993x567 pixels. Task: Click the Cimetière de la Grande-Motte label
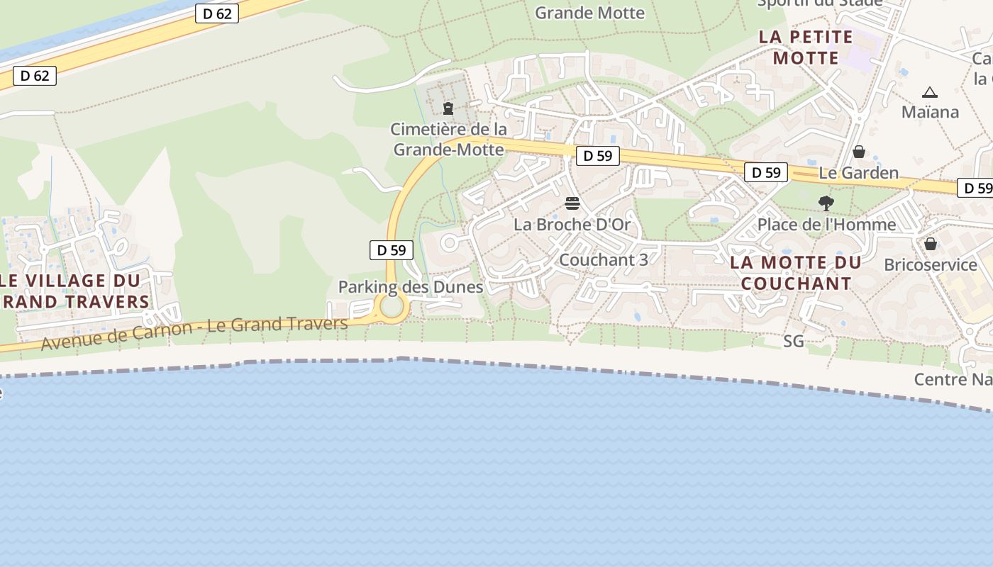coord(449,139)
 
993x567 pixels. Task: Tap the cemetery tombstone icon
coord(448,108)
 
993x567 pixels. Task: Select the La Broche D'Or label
coord(572,225)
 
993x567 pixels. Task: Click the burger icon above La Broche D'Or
coord(572,204)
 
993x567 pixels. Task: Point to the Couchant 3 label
coord(603,259)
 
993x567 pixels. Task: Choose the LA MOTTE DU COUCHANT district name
coord(796,273)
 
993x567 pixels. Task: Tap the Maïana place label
coord(930,112)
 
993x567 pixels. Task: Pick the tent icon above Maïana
coord(930,92)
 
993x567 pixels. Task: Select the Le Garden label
coord(858,173)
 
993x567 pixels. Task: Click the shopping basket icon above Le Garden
coord(858,152)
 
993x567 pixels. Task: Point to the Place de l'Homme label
coord(826,225)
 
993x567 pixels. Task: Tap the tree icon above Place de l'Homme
coord(826,203)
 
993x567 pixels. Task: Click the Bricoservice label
coord(930,265)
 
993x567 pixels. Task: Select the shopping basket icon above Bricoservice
coord(931,244)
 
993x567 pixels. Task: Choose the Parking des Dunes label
coord(410,287)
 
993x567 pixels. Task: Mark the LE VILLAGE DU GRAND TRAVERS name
coord(74,291)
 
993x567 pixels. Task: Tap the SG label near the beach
coord(794,342)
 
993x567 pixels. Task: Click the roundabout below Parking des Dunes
coord(392,308)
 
